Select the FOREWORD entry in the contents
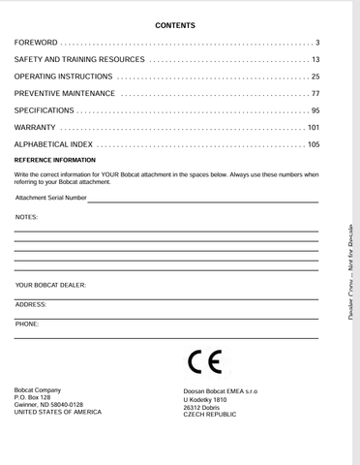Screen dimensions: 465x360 coord(36,44)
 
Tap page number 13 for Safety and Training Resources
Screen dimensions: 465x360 coord(315,60)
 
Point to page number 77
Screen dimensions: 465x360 coord(315,93)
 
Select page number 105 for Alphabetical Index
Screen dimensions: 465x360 coord(314,143)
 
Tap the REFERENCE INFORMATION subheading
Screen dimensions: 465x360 coord(54,159)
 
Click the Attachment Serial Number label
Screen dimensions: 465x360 coord(50,198)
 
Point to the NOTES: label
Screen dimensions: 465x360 coord(27,218)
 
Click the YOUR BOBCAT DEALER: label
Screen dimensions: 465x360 coord(51,286)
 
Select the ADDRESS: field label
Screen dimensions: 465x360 coord(31,304)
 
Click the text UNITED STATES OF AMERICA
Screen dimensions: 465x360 coord(58,412)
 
